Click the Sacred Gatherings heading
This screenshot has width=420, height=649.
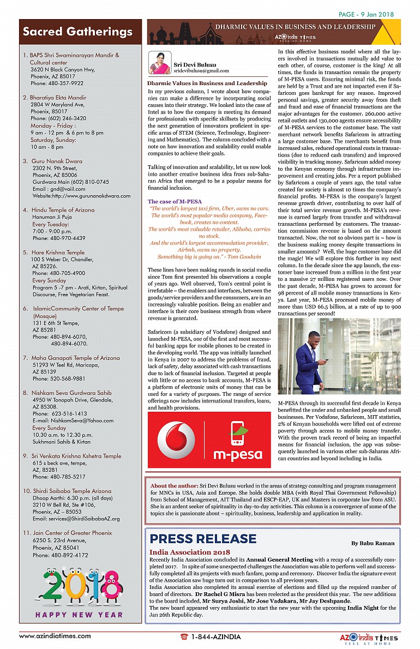77,32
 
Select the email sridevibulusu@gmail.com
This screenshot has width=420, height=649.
201,71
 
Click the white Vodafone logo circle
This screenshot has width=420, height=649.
176,440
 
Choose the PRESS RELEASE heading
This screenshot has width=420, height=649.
203,539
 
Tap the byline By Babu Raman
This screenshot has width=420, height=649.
373,543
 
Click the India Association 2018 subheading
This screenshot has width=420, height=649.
190,552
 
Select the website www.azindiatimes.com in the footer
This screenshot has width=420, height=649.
55,636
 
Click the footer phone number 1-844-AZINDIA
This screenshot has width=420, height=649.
215,636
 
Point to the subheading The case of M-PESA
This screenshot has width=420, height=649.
175,202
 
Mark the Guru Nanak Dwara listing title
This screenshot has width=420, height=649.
57,161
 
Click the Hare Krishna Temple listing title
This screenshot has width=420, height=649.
58,253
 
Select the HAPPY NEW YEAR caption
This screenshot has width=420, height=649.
79,615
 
